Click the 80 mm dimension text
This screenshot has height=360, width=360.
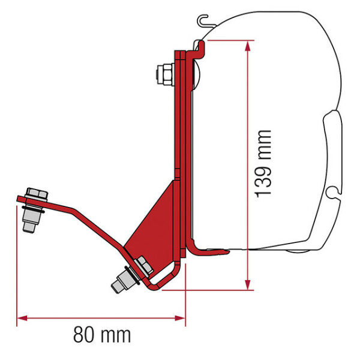click(x=102, y=332)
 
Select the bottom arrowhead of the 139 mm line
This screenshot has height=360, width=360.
click(x=246, y=283)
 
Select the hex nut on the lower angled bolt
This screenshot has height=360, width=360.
click(x=142, y=264)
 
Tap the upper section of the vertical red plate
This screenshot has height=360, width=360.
click(x=178, y=108)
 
